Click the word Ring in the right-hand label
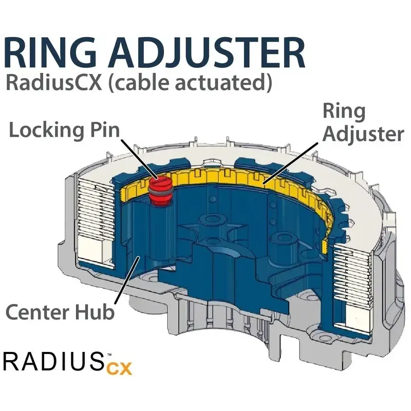coord(344,111)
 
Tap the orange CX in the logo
coord(120,368)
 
